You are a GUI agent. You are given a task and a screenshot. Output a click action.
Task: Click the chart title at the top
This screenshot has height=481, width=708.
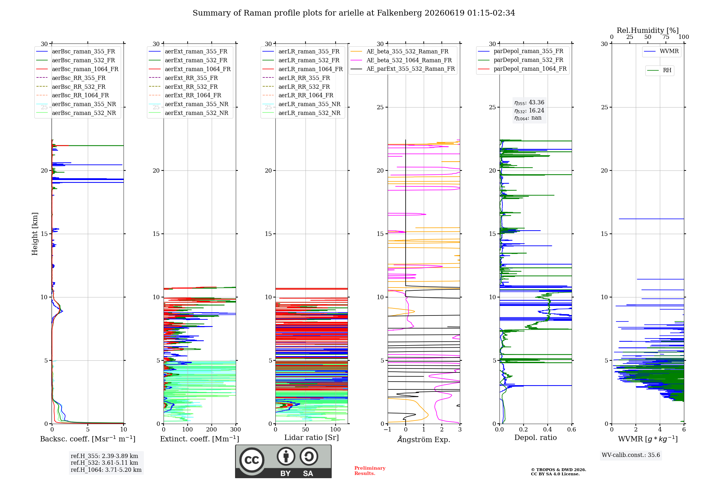point(354,13)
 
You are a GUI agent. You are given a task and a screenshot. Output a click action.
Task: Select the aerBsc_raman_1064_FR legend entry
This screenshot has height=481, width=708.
point(77,69)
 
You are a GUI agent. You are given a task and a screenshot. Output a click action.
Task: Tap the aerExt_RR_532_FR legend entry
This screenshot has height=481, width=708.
point(183,87)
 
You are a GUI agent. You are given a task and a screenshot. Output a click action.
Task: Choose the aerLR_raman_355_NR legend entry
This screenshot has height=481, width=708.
point(301,104)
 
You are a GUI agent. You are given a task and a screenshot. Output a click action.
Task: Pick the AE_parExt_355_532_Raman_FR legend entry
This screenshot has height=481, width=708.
point(403,69)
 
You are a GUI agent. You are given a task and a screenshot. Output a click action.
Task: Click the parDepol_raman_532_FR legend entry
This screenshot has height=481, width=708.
point(521,60)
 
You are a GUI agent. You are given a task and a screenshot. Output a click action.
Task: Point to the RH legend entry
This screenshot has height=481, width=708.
point(660,70)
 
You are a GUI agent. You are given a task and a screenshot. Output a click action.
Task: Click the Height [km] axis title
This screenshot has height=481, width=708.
point(35,234)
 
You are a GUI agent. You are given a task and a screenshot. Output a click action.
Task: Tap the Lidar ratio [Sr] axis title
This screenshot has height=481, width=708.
point(312,437)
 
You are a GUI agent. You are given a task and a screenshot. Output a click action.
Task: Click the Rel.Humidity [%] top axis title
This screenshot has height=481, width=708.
point(648,30)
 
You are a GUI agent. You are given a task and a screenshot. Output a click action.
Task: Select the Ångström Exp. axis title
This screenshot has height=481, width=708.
point(424,439)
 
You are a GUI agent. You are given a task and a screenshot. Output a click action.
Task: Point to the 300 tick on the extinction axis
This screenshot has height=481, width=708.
point(235,429)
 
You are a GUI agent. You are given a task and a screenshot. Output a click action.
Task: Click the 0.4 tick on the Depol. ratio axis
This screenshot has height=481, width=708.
point(548,429)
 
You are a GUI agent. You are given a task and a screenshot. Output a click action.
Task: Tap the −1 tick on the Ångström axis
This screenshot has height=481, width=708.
point(388,429)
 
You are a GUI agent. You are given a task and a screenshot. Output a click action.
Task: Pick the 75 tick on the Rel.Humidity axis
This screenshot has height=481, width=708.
point(666,37)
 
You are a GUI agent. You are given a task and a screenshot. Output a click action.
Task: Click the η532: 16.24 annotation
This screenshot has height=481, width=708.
point(529,110)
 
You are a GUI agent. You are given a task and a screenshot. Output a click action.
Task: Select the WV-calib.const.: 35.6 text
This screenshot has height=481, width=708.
point(631,455)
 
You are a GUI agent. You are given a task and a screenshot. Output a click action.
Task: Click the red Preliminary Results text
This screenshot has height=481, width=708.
point(370,471)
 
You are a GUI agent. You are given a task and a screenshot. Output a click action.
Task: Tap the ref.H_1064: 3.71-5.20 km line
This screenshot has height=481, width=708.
point(106,470)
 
